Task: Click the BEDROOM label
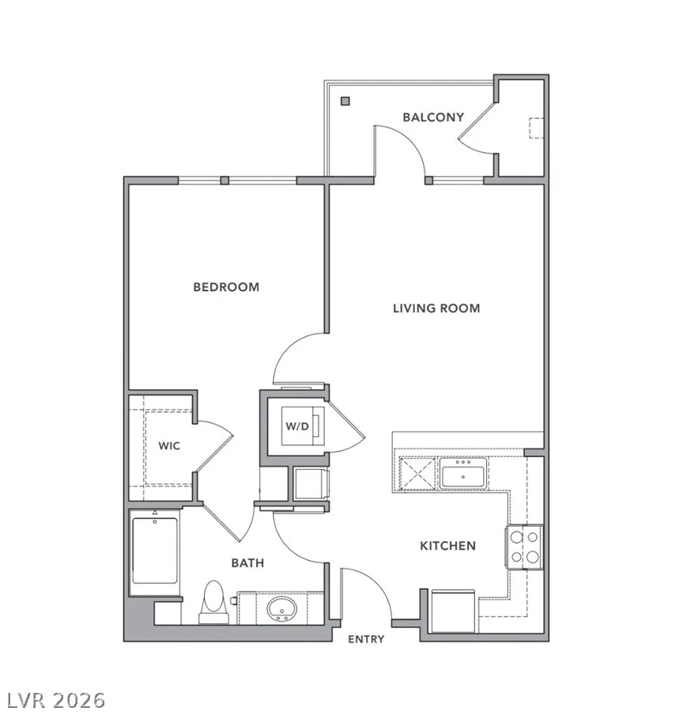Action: click(x=226, y=287)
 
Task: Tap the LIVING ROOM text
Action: click(x=436, y=308)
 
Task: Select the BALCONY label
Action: click(x=433, y=117)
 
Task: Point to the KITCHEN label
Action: click(x=447, y=546)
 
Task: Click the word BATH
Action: click(x=247, y=562)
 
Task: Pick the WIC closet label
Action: click(x=169, y=445)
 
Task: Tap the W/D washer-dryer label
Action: click(x=297, y=426)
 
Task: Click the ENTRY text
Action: click(x=366, y=639)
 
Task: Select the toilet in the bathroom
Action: click(x=213, y=602)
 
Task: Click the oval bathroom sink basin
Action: click(x=281, y=609)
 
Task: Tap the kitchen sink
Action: click(x=463, y=473)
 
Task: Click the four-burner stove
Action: click(x=524, y=547)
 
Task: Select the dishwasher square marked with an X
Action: click(x=417, y=473)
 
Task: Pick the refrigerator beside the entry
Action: click(x=453, y=611)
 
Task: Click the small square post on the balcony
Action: click(x=345, y=101)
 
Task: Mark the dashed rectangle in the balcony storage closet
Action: click(x=536, y=128)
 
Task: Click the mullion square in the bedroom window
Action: click(x=225, y=180)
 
